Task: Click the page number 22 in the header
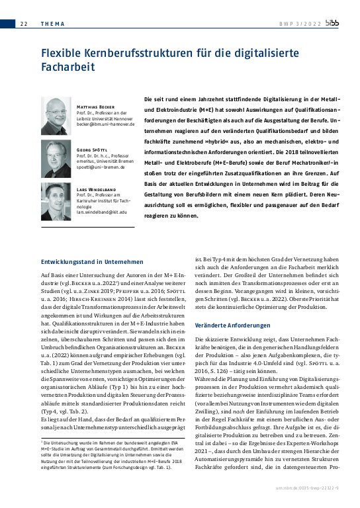coord(23,24)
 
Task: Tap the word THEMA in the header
coord(52,24)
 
